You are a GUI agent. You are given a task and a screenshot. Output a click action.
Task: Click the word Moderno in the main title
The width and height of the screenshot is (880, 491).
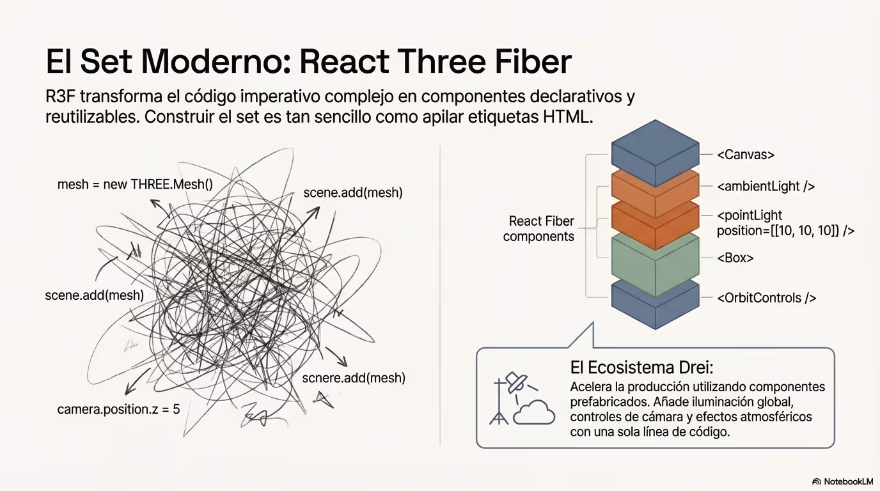click(x=216, y=61)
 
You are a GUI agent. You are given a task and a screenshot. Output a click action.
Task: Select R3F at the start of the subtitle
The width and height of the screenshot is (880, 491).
click(x=59, y=97)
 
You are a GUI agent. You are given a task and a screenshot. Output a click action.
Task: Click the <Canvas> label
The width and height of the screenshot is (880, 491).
click(x=746, y=155)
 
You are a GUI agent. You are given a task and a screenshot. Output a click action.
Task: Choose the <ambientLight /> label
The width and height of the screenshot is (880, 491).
click(x=766, y=186)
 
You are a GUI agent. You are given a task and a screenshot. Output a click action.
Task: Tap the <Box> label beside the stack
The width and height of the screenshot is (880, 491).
click(x=735, y=258)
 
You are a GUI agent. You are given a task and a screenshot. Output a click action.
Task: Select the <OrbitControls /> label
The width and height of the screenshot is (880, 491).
click(x=766, y=298)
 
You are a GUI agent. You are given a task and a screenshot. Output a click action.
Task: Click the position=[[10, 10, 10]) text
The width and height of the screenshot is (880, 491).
click(x=785, y=231)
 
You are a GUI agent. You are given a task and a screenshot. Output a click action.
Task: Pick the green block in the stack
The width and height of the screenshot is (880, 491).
click(x=656, y=264)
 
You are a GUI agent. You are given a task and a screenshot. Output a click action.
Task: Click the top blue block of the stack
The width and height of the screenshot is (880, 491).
click(x=656, y=153)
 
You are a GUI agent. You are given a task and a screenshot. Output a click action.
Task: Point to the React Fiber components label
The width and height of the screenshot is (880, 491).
click(x=539, y=229)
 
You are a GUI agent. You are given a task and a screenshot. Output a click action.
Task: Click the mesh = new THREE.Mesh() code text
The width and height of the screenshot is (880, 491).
click(x=135, y=185)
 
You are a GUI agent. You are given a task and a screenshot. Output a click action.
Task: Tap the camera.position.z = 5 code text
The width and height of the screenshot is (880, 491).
click(x=119, y=409)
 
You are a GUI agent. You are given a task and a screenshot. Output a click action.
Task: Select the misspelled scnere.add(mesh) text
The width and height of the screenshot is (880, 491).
click(x=354, y=378)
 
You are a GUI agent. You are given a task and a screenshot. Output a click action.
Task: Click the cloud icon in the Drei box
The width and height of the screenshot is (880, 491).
click(x=533, y=412)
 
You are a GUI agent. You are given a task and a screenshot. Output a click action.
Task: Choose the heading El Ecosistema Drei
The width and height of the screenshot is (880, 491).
click(x=641, y=368)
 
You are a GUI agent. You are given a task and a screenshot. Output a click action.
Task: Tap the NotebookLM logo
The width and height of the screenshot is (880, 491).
click(x=843, y=481)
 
